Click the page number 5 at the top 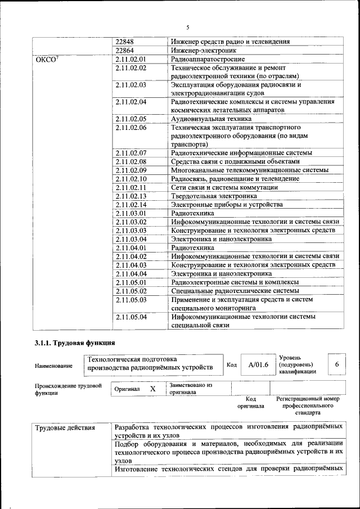[188, 27]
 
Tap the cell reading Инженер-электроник [200, 50]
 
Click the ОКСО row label [46, 59]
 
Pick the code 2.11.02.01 [130, 58]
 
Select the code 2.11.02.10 [130, 178]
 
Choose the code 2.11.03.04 [130, 239]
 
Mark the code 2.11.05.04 [130, 317]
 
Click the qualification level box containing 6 [336, 364]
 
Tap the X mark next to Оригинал [152, 389]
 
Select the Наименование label [53, 366]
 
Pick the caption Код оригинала [250, 402]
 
